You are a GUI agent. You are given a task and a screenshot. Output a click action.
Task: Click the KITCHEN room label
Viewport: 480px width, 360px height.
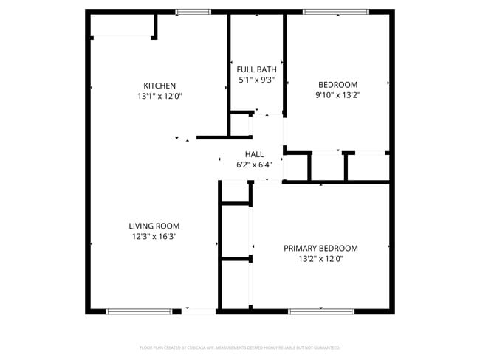[x=160, y=86]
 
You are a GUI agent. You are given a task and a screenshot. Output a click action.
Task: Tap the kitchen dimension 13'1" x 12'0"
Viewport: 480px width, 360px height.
[x=160, y=96]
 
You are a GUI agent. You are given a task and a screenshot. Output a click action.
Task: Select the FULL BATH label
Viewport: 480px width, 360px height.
[x=256, y=69]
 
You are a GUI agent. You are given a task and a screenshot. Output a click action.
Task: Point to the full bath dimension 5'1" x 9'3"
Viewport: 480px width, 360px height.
[x=256, y=80]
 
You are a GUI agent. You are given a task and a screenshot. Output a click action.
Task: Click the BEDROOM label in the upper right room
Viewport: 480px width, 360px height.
[x=337, y=84]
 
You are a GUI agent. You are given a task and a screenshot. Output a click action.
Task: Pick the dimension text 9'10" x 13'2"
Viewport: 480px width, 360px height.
[x=337, y=94]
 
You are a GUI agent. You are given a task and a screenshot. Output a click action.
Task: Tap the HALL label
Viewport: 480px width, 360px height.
[x=254, y=154]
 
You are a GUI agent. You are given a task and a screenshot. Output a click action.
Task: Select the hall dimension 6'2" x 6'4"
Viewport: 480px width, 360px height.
[x=254, y=165]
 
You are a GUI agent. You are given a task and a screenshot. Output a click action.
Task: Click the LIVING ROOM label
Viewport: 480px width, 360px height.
[x=154, y=226]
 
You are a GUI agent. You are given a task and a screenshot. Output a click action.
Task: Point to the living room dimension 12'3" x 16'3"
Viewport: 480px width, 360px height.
[x=154, y=236]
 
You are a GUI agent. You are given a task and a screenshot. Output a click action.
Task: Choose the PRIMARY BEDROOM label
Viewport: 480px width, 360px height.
[x=320, y=248]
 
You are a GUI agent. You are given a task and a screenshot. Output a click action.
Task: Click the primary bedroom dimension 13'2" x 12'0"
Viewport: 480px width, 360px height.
[x=320, y=258]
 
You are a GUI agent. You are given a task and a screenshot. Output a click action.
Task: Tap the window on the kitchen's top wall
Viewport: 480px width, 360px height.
[x=193, y=12]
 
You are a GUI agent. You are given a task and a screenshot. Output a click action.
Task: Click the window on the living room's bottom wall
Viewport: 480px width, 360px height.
[x=140, y=311]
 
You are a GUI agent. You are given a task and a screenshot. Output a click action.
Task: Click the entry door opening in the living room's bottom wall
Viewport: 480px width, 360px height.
[x=199, y=311]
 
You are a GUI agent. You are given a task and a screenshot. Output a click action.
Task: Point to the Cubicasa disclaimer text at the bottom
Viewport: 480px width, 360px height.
[x=239, y=347]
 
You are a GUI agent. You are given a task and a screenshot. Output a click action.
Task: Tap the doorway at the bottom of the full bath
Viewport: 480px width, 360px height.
[x=267, y=114]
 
